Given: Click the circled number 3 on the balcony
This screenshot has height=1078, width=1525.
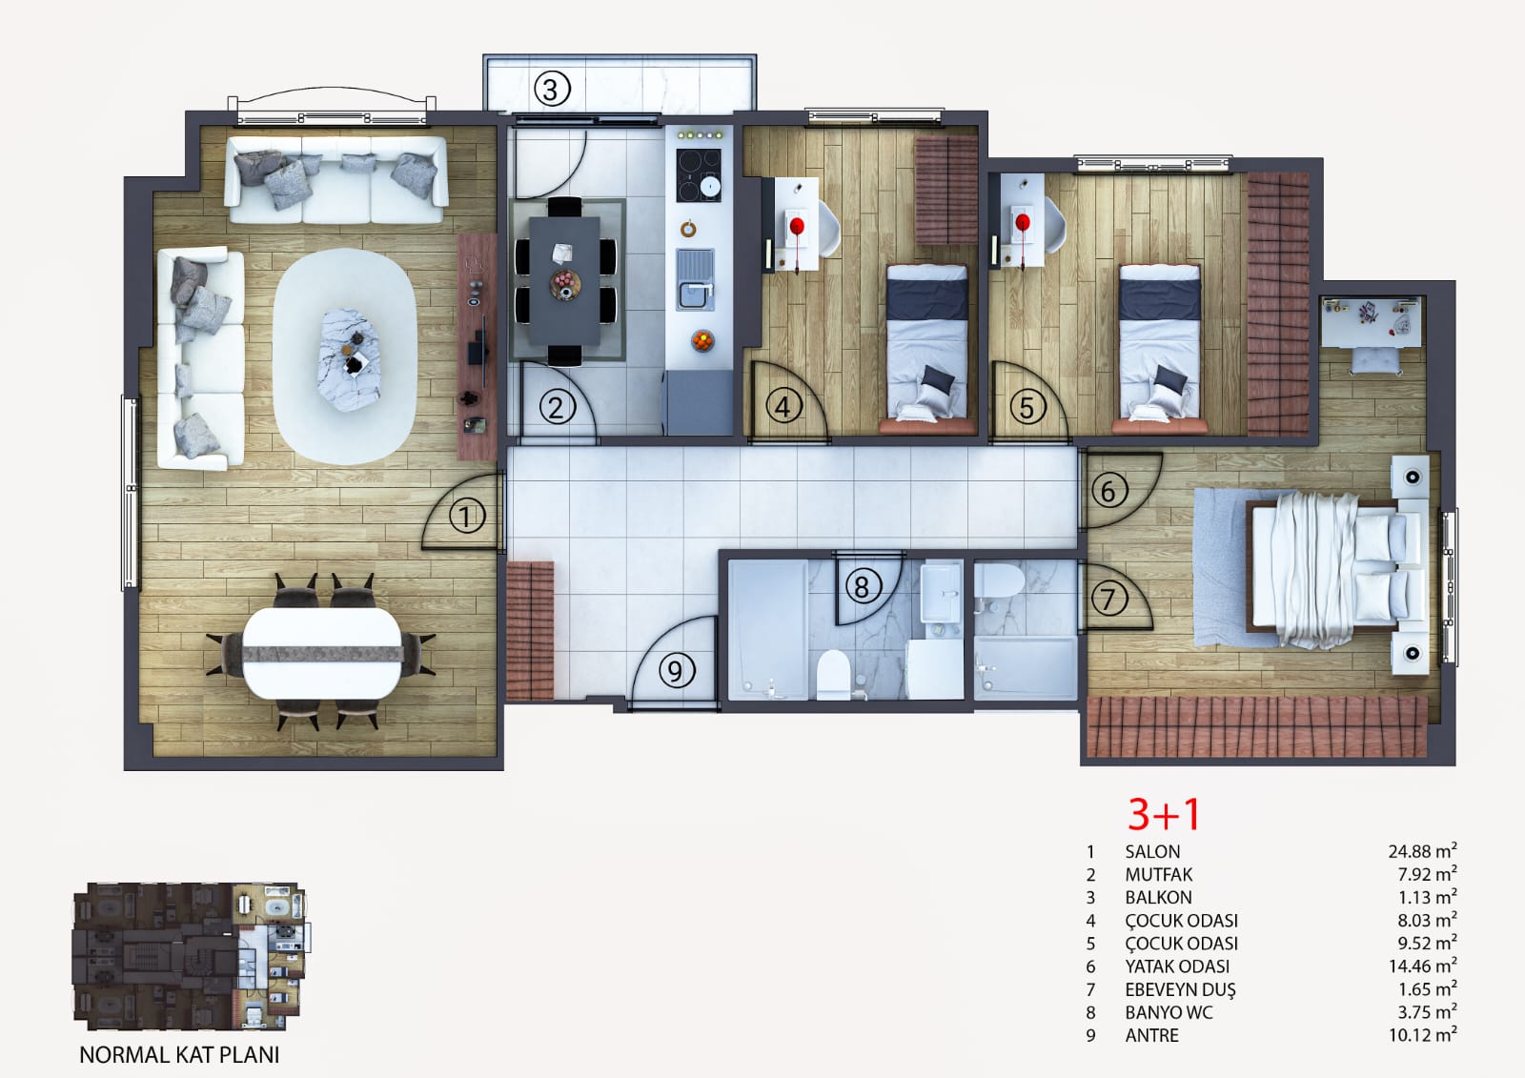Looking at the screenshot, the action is coord(552,90).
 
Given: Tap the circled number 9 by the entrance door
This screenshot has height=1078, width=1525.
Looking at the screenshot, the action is coord(677,671).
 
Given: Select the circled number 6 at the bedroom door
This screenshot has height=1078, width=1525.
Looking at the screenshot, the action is coord(1109,491).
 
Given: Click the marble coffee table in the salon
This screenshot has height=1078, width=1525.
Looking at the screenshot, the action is coord(349,359).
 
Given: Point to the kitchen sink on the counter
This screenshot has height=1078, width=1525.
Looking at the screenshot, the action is coord(695,279).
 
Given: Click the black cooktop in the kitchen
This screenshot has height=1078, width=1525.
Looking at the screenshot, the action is coord(699,175).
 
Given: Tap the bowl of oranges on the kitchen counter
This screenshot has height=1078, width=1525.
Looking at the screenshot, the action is coord(702,340).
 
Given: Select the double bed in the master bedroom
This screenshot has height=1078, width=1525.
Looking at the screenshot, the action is coord(1335,571).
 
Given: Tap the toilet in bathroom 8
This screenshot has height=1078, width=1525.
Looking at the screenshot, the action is coord(832,674).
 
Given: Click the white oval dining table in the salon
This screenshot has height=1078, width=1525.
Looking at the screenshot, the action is coord(322,653).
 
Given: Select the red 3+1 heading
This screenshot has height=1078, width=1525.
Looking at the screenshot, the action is coord(1164,814).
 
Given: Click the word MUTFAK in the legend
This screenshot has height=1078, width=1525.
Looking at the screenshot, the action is coord(1159,874).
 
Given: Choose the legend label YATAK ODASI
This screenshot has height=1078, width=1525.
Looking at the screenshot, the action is coord(1177,966).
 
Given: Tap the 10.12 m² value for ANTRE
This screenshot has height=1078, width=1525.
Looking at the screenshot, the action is coord(1423,1034).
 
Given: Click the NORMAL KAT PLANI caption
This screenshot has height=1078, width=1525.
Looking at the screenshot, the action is coord(180,1055).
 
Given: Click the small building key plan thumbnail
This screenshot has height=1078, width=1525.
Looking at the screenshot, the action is coord(191,956).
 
